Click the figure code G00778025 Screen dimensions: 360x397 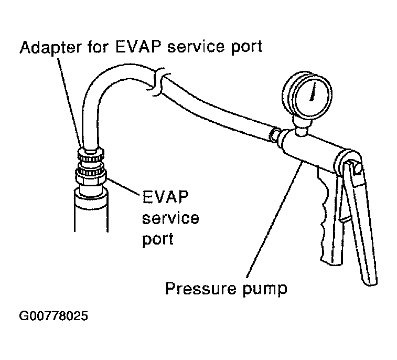coord(53,317)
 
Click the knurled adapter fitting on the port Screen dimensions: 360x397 coord(92,155)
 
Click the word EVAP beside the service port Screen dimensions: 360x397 coord(165,198)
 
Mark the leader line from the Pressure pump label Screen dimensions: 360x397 coord(273,220)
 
